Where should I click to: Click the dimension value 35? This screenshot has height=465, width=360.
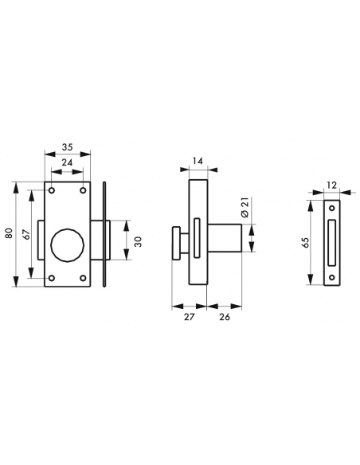click(68, 147)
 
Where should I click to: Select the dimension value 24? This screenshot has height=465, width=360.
click(68, 162)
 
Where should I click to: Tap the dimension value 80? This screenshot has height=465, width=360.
click(9, 233)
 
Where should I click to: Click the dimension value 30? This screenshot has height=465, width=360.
click(139, 242)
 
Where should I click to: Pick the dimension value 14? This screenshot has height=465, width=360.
click(198, 161)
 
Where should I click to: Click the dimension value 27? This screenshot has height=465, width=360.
click(189, 317)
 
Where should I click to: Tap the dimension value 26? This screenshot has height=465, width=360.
click(225, 317)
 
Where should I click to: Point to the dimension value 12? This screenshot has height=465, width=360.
click(332, 186)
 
